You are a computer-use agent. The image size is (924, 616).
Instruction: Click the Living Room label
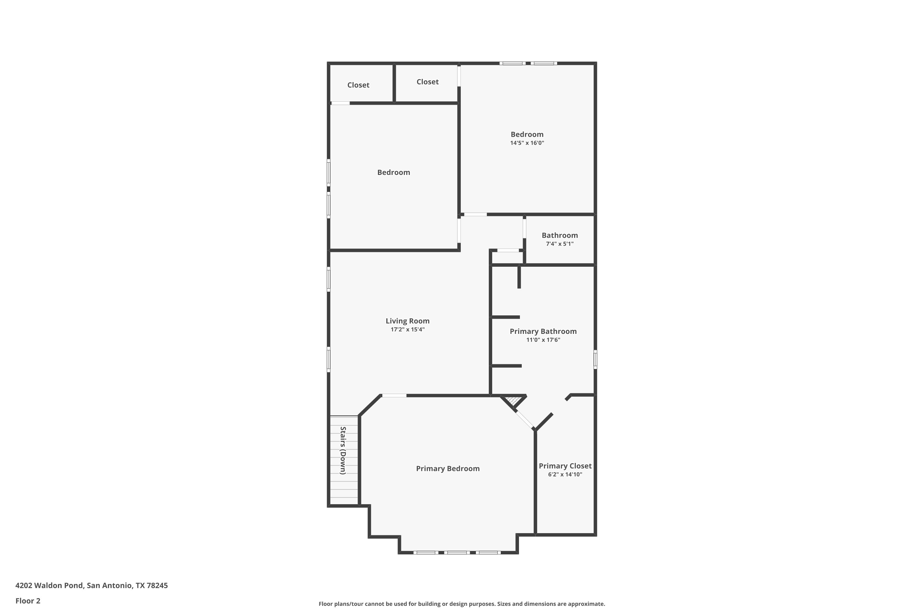point(407,321)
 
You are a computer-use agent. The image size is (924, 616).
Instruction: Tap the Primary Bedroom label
point(448,469)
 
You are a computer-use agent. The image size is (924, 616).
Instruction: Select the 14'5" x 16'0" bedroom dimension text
point(527,143)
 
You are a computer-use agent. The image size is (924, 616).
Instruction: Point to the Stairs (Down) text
point(343,450)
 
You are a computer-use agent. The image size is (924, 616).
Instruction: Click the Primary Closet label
point(565,466)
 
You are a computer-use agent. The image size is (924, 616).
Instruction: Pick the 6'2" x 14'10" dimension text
point(565,475)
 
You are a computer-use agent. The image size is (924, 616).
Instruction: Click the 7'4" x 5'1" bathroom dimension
point(560,244)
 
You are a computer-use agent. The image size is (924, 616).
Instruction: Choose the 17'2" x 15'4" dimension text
point(407,330)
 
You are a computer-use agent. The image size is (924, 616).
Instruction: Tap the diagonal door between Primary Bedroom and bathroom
point(525,420)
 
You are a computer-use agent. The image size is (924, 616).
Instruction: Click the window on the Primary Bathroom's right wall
point(595,359)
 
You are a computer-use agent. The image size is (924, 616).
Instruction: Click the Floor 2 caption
point(28,601)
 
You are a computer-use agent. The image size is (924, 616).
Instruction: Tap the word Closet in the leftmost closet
point(358,85)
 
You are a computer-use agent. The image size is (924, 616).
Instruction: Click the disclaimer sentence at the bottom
point(462,604)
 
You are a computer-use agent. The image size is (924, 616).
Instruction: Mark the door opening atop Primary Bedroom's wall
point(394,395)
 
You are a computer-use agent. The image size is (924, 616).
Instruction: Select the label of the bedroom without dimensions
point(394,172)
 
